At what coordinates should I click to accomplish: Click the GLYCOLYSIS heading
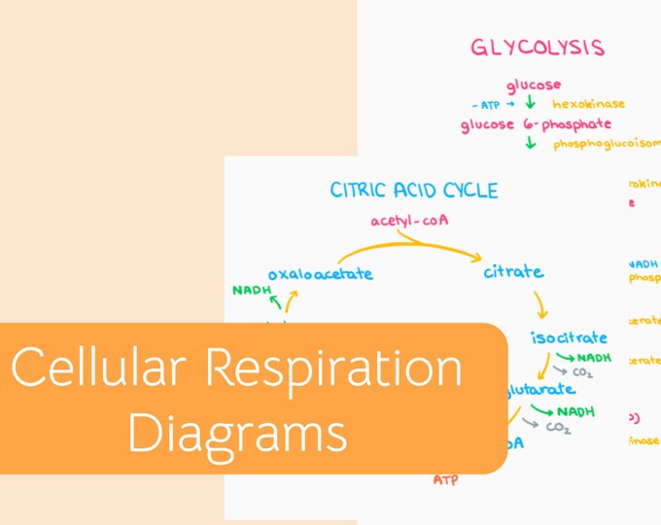pos(538,48)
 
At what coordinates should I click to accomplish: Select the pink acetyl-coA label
pos(409,221)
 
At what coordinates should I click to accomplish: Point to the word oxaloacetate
pos(320,274)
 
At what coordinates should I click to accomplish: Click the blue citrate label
pos(513,272)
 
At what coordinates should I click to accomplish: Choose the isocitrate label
pos(569,338)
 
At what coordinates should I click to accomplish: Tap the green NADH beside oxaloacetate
pos(251,291)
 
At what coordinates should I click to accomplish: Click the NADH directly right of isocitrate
pos(594,357)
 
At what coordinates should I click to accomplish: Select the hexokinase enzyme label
pos(588,104)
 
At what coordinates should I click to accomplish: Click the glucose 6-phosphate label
pos(536,124)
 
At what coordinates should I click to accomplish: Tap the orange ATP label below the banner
pos(445,480)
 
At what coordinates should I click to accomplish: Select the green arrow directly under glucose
pos(531,104)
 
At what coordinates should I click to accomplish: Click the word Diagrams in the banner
pos(237,433)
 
